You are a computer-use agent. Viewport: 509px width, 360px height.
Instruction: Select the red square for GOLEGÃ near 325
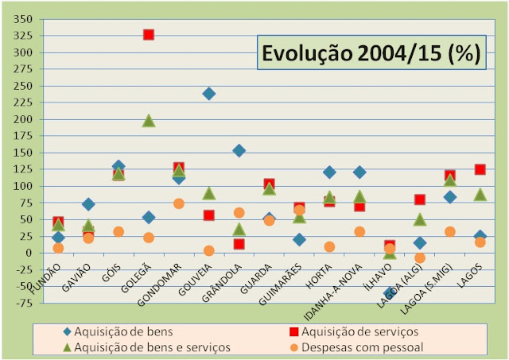coord(148,34)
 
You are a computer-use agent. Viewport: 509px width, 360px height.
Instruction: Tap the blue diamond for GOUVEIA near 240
coord(208,93)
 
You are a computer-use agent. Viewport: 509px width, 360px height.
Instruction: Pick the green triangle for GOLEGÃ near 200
coord(148,121)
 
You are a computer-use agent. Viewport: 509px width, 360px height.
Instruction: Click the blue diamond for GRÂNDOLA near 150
coord(239,150)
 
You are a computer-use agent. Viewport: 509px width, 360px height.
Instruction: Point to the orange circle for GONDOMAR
coord(179,203)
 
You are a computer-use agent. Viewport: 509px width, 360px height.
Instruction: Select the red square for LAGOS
coord(480,169)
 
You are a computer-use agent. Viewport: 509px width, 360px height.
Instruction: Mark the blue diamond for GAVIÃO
coord(88,204)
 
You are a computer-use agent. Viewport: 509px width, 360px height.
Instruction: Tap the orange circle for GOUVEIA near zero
coord(208,250)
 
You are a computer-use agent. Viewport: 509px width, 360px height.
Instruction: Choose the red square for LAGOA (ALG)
coord(419,199)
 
